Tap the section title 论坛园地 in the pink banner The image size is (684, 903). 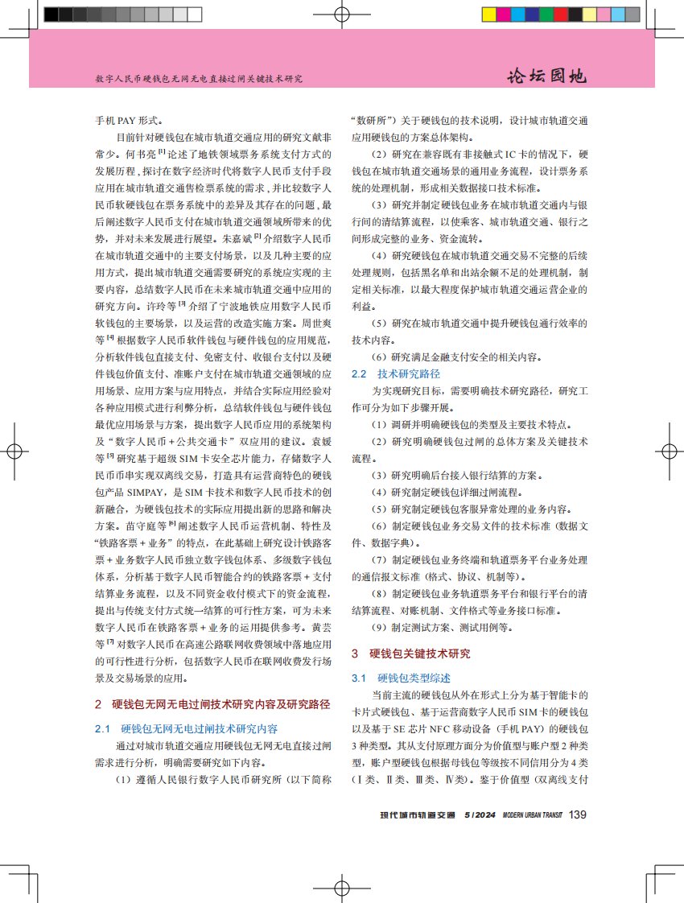pyautogui.click(x=546, y=76)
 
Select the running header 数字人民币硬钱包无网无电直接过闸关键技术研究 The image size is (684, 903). pyautogui.click(x=198, y=80)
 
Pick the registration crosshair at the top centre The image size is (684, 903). pyautogui.click(x=341, y=14)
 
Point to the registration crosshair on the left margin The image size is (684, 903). pyautogui.click(x=14, y=451)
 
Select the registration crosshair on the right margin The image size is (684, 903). pyautogui.click(x=669, y=451)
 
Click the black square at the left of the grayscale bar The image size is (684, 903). pyautogui.click(x=52, y=14)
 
